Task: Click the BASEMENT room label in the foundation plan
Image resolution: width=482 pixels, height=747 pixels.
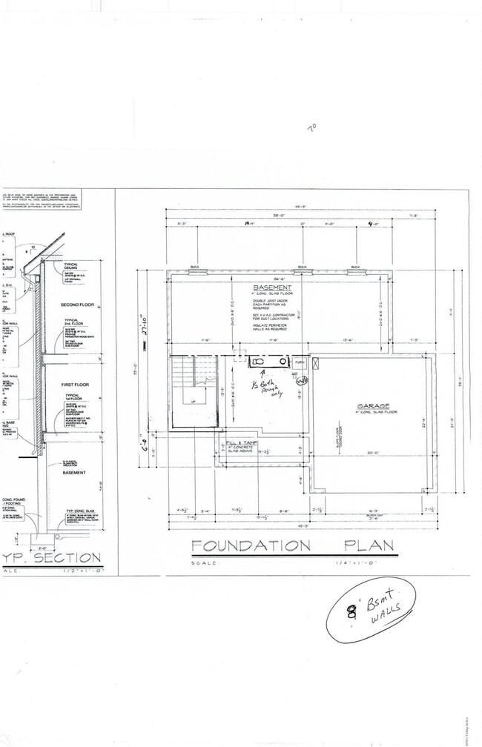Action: tap(272, 288)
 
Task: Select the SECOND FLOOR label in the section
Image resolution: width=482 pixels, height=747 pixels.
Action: tap(76, 305)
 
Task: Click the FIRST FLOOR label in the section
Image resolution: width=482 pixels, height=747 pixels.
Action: tap(76, 385)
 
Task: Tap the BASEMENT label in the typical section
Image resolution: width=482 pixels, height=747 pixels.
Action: tap(74, 472)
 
